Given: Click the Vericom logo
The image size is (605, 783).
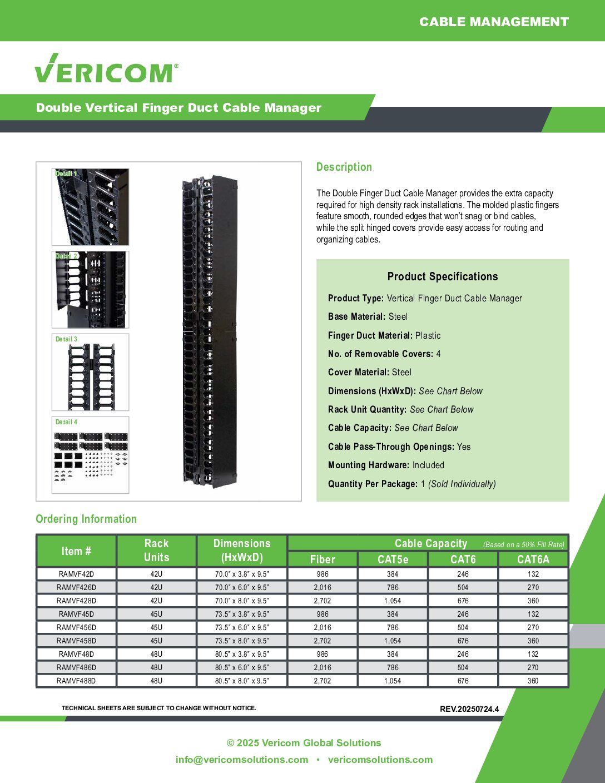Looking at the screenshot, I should [106, 69].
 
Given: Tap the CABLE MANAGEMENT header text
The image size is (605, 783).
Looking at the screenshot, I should [494, 22].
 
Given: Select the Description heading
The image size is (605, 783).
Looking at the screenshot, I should [344, 167].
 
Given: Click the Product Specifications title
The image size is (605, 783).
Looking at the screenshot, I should [443, 276].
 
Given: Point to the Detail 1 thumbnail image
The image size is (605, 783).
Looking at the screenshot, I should [90, 207].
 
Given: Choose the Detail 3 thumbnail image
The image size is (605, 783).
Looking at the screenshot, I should [90, 373].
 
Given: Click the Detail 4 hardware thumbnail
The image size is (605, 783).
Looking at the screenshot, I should [90, 455].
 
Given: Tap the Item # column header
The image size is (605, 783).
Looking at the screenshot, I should [76, 551].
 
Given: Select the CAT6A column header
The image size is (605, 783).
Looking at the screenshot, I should [533, 559].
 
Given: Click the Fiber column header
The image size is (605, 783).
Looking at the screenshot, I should [323, 559].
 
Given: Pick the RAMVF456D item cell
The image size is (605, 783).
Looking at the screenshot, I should [76, 627].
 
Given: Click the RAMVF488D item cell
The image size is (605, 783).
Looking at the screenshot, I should [76, 681].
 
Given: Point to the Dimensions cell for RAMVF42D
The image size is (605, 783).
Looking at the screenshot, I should [242, 574].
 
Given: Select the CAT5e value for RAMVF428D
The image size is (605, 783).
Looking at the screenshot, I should [393, 601].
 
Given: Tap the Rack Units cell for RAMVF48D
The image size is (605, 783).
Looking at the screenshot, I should [156, 654].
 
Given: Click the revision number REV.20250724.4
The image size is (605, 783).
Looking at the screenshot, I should [469, 709].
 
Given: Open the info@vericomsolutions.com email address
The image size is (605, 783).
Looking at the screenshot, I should [242, 760].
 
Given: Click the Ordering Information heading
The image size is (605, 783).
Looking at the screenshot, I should [86, 519].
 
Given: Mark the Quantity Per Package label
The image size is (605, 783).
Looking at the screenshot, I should [373, 484].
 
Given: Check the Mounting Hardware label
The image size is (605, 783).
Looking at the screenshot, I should [369, 465].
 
